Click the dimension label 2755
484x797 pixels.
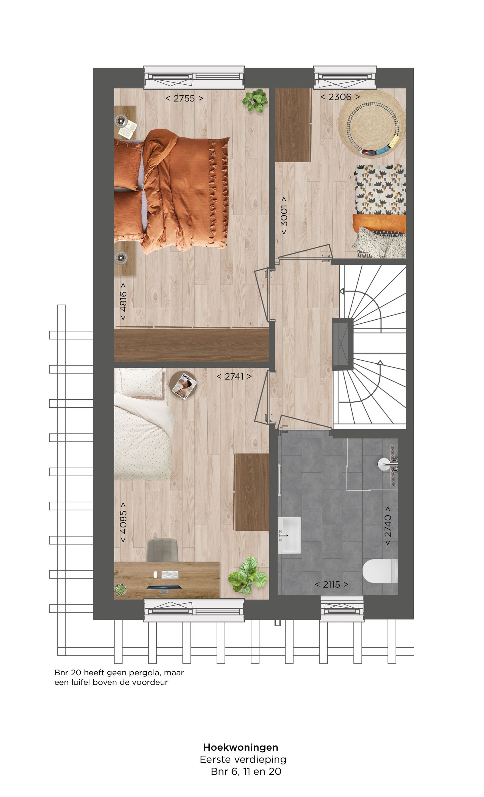pyautogui.click(x=184, y=98)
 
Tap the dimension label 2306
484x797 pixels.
pyautogui.click(x=340, y=97)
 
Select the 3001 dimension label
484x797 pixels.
pyautogui.click(x=284, y=215)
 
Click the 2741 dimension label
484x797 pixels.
pyautogui.click(x=234, y=376)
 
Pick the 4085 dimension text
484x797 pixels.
pyautogui.click(x=123, y=522)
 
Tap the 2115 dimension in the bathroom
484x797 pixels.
pyautogui.click(x=331, y=584)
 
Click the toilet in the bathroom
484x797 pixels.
pyautogui.click(x=380, y=570)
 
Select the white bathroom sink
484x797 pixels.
pyautogui.click(x=289, y=535)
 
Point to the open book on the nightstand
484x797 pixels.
pyautogui.click(x=129, y=129)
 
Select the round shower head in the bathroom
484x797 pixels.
pyautogui.click(x=384, y=464)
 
